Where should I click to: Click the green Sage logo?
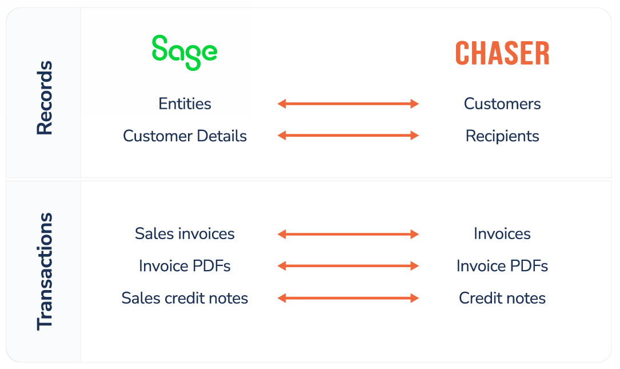pyautogui.click(x=185, y=52)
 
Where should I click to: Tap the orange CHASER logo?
pyautogui.click(x=502, y=53)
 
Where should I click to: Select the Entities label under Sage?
pyautogui.click(x=185, y=104)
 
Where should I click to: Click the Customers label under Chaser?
pyautogui.click(x=502, y=104)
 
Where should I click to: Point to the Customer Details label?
pyautogui.click(x=185, y=136)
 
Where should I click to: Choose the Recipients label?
pyautogui.click(x=502, y=136)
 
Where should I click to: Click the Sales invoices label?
pyautogui.click(x=185, y=233)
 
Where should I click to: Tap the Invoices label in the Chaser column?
pyautogui.click(x=502, y=233)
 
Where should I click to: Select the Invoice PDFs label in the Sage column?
pyautogui.click(x=185, y=265)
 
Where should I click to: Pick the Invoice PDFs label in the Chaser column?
pyautogui.click(x=502, y=265)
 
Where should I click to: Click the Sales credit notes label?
pyautogui.click(x=185, y=298)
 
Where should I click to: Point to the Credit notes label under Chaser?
pyautogui.click(x=502, y=298)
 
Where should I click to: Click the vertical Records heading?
pyautogui.click(x=45, y=98)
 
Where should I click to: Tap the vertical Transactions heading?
pyautogui.click(x=45, y=272)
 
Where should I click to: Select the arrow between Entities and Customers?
pyautogui.click(x=348, y=104)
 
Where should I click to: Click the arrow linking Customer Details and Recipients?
pyautogui.click(x=348, y=136)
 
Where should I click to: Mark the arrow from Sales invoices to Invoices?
pyautogui.click(x=348, y=234)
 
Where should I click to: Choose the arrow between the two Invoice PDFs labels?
pyautogui.click(x=348, y=265)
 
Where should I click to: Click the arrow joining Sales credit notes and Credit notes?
pyautogui.click(x=348, y=297)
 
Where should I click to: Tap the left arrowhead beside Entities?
pyautogui.click(x=281, y=104)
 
